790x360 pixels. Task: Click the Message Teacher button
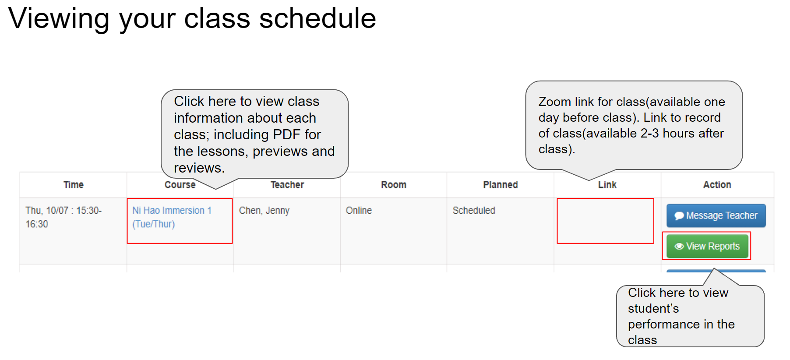716,215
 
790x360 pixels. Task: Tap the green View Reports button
707,246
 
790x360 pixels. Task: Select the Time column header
73,185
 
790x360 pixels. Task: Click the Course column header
180,185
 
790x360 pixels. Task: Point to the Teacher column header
287,185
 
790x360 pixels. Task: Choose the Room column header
393,185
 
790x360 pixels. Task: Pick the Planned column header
500,185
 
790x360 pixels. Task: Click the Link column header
607,185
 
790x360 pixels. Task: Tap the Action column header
717,185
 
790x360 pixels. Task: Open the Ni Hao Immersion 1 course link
172,211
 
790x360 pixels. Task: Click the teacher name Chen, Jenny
264,211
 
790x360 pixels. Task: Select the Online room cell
359,211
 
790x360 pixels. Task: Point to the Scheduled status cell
473,211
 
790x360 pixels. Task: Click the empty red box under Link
605,221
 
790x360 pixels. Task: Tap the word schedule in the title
317,19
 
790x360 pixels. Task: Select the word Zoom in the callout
554,102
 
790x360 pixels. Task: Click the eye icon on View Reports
679,247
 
